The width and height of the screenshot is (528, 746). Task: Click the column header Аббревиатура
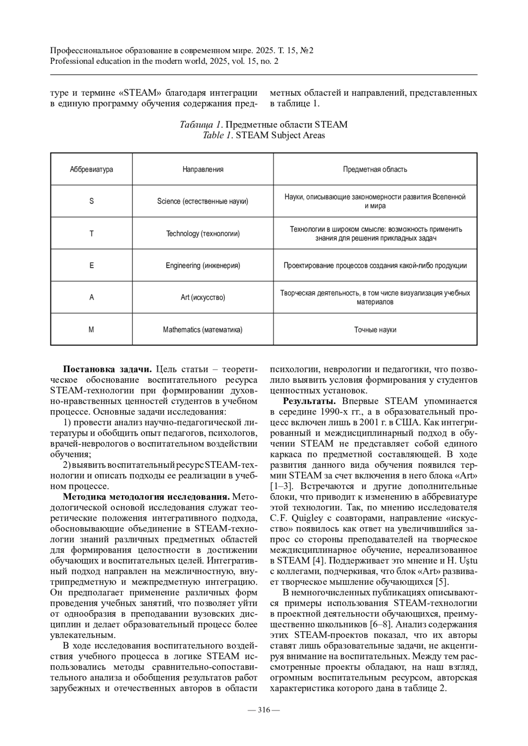click(92, 169)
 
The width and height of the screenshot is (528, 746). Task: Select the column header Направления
click(203, 169)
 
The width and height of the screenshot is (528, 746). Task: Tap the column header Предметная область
click(375, 169)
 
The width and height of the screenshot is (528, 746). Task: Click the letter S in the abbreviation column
click(92, 201)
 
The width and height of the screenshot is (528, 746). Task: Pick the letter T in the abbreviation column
click(92, 233)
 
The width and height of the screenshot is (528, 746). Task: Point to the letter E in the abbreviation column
click(92, 266)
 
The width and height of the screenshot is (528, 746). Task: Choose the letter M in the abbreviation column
click(92, 330)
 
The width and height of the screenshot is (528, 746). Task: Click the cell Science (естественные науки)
click(203, 201)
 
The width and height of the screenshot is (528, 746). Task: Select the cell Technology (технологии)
click(203, 233)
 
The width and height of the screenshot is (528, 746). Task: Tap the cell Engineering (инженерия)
click(203, 266)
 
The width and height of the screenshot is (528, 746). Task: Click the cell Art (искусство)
click(203, 298)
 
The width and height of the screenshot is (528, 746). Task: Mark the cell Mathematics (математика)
click(203, 330)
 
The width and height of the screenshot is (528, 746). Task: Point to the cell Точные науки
click(375, 330)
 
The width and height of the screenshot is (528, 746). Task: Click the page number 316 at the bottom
click(264, 710)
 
